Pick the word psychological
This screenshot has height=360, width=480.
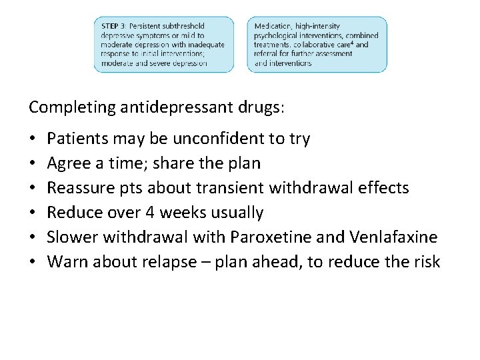point(277,35)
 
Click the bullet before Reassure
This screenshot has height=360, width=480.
point(33,189)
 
